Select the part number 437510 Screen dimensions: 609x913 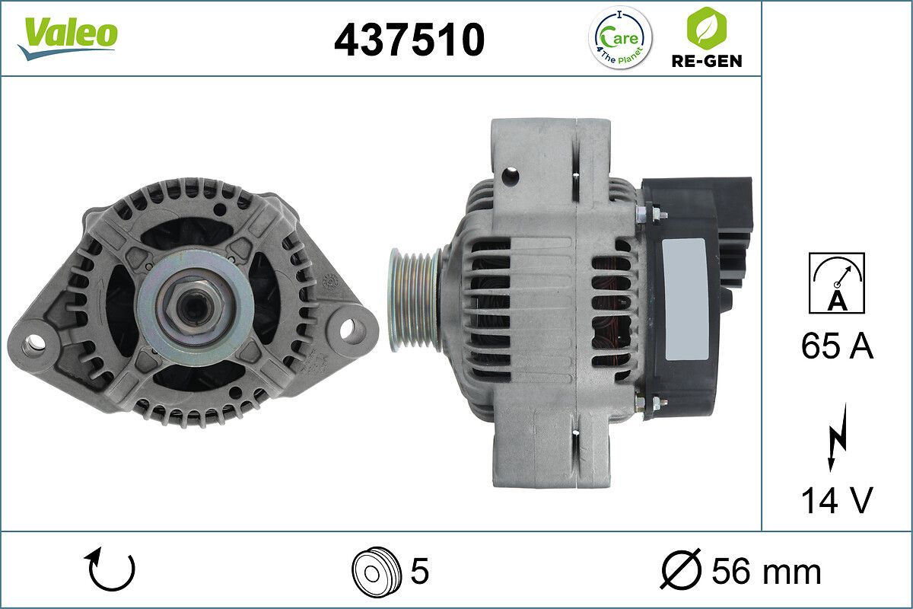(x=409, y=40)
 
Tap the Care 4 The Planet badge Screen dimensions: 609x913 (x=622, y=37)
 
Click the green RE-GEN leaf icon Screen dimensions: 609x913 (x=705, y=27)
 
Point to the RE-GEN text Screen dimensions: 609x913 (x=705, y=60)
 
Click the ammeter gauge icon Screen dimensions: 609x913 (x=837, y=283)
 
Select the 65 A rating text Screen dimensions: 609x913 (x=837, y=347)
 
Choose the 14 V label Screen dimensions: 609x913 (x=837, y=500)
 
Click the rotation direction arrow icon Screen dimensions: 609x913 (x=111, y=570)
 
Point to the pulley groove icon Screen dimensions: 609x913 (x=374, y=570)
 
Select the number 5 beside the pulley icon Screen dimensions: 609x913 (x=419, y=570)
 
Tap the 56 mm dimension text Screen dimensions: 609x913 (x=766, y=571)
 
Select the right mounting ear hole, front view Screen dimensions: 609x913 (x=348, y=330)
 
